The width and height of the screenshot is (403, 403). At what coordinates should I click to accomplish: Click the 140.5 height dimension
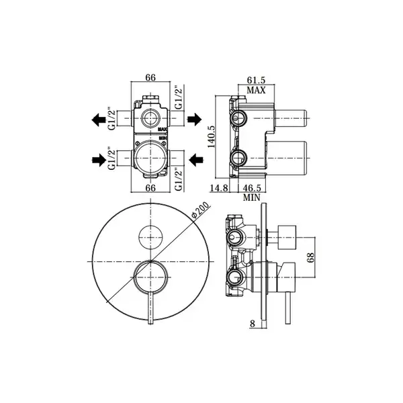pyautogui.click(x=212, y=137)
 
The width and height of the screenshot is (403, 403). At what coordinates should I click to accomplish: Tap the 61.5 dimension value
pyautogui.click(x=256, y=80)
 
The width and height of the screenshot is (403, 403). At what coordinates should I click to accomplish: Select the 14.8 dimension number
pyautogui.click(x=219, y=188)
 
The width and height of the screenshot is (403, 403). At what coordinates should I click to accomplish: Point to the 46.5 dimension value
pyautogui.click(x=252, y=188)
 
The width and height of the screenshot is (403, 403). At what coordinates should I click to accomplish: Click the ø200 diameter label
pyautogui.click(x=201, y=211)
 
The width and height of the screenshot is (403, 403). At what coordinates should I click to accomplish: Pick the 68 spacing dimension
pyautogui.click(x=311, y=257)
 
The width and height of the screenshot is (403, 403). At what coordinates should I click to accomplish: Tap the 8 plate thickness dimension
pyautogui.click(x=253, y=324)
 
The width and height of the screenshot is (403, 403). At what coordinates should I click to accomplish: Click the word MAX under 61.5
pyautogui.click(x=257, y=90)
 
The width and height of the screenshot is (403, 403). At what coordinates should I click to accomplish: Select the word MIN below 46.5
pyautogui.click(x=252, y=197)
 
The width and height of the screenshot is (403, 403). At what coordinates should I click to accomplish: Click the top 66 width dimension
pyautogui.click(x=150, y=77)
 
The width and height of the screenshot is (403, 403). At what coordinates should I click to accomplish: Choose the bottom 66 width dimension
pyautogui.click(x=150, y=188)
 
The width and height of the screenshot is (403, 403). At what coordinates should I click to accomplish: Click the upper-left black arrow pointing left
pyautogui.click(x=99, y=120)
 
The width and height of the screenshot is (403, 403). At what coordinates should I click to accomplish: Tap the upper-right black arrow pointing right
pyautogui.click(x=194, y=120)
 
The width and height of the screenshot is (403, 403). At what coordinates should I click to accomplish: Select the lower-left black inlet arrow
pyautogui.click(x=99, y=160)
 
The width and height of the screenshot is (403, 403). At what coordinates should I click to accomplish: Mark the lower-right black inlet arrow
pyautogui.click(x=196, y=160)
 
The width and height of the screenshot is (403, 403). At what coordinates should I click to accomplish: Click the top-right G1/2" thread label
pyautogui.click(x=179, y=97)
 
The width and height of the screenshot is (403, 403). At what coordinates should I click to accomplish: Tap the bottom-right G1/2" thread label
pyautogui.click(x=179, y=179)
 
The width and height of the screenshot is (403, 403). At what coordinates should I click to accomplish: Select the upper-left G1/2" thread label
pyautogui.click(x=111, y=119)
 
